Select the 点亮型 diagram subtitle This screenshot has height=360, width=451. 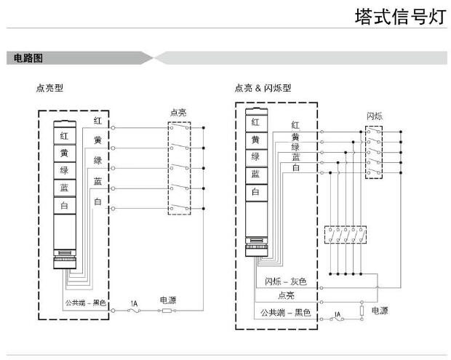coord(49,88)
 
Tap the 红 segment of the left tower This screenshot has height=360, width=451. coord(64,135)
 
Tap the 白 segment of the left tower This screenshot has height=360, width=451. coord(64,206)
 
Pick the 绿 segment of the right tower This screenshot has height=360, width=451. coord(255,156)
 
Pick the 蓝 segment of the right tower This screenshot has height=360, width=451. coord(255,174)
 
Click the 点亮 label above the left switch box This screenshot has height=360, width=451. coord(178,113)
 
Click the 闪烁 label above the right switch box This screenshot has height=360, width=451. coord(375,116)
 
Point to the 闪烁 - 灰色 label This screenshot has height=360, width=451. coord(286,281)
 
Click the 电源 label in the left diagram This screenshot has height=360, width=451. coord(168,300)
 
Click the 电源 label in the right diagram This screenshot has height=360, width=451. coord(380,311)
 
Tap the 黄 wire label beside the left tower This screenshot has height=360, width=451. coord(97,140)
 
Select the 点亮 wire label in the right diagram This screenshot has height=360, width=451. coord(285,296)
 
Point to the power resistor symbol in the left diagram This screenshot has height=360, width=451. coord(166,311)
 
